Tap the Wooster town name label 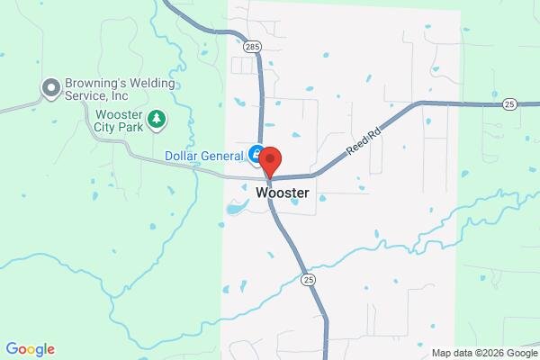(283, 193)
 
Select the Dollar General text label (204, 156)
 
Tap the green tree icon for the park (157, 119)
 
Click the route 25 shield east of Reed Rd (509, 103)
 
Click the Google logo (30, 349)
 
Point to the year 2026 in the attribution (491, 352)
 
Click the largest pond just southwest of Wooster (236, 210)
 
